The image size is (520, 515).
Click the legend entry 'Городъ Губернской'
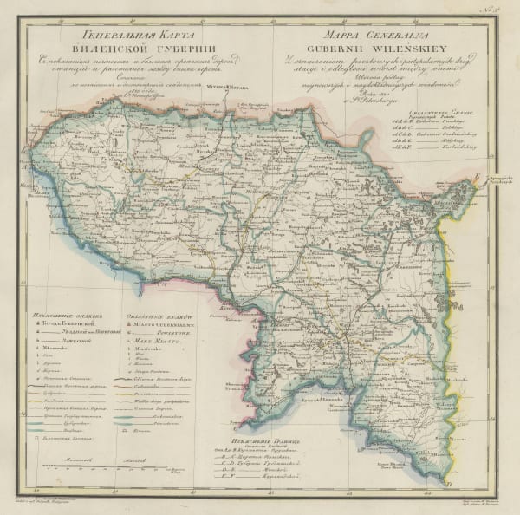point(74,323)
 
